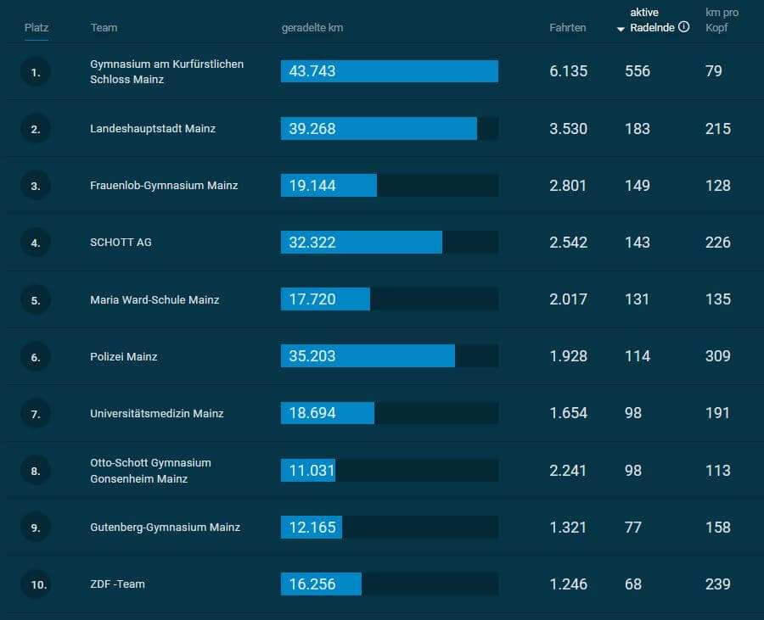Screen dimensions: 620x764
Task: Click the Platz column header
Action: [x=37, y=28]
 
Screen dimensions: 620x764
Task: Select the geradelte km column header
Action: [x=312, y=28]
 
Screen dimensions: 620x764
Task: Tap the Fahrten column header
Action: [x=567, y=28]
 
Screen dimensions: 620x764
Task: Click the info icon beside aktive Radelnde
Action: [x=684, y=27]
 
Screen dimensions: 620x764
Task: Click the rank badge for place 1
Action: [x=36, y=72]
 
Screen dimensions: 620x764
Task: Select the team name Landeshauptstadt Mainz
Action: [x=153, y=129]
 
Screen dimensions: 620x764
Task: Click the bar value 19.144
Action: [x=312, y=186]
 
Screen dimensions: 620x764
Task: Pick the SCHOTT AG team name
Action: [x=121, y=243]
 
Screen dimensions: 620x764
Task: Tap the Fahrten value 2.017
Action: [x=568, y=299]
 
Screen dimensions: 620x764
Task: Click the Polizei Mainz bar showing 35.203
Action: [x=368, y=356]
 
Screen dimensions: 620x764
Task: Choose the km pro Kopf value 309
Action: [x=717, y=356]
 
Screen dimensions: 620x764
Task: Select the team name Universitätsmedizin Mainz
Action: [x=157, y=414]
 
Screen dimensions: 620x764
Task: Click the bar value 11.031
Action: [x=312, y=471]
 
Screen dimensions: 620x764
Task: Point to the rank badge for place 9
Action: [x=36, y=528]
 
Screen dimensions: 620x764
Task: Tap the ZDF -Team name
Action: [x=117, y=584]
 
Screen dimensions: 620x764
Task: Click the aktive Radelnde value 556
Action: [x=637, y=71]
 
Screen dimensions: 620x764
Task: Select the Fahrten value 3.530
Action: [x=568, y=129]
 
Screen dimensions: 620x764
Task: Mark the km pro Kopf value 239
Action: [x=717, y=584]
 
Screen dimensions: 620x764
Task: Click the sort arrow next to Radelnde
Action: [x=621, y=29]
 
